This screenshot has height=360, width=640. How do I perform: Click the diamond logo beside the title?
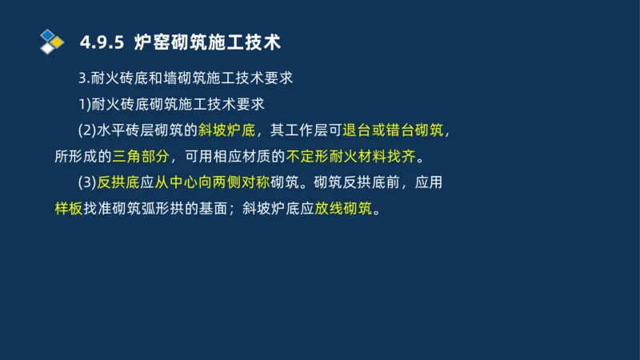coord(51,41)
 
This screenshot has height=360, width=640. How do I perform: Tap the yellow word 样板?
coord(68,209)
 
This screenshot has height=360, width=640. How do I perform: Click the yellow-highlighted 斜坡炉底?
coord(226,130)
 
